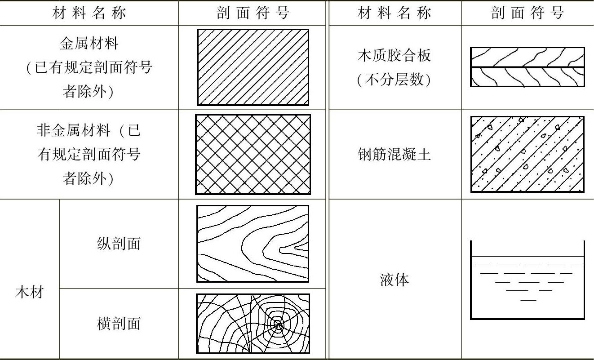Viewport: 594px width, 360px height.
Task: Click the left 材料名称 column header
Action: tap(89, 13)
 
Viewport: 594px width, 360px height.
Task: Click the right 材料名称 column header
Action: tap(394, 13)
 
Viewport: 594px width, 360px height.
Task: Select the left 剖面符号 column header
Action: tap(253, 13)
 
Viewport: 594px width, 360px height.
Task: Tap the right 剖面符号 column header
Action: tap(527, 13)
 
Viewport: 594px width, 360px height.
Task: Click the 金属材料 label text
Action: tap(89, 44)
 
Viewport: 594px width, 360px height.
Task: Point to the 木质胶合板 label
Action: tap(394, 55)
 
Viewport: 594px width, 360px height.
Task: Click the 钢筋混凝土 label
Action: tap(394, 154)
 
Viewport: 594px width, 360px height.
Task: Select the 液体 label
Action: tap(394, 280)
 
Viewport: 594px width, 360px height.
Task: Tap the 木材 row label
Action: tap(30, 293)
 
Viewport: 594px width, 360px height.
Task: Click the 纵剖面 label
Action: tap(119, 243)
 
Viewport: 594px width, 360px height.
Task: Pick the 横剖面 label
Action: tap(119, 323)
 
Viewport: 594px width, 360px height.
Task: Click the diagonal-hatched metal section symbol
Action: tap(253, 67)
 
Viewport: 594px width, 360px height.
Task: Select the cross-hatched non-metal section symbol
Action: tap(253, 155)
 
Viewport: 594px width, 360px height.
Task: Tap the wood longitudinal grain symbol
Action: tap(253, 244)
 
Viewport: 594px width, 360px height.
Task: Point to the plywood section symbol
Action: tap(527, 67)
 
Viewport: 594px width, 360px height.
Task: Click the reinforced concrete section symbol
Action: tap(527, 154)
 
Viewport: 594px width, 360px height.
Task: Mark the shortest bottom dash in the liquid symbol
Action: tap(528, 300)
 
